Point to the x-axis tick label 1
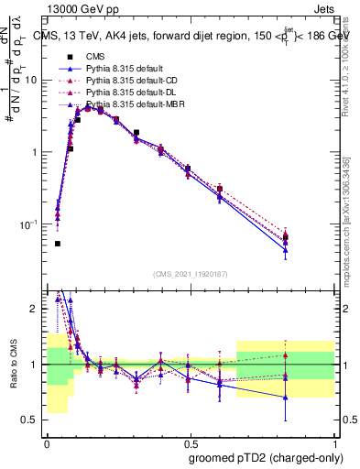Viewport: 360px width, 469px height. (x=334, y=441)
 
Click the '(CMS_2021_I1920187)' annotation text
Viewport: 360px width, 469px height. (x=191, y=273)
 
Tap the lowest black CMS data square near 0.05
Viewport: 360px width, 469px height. (x=58, y=244)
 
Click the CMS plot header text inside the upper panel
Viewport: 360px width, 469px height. (x=192, y=38)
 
